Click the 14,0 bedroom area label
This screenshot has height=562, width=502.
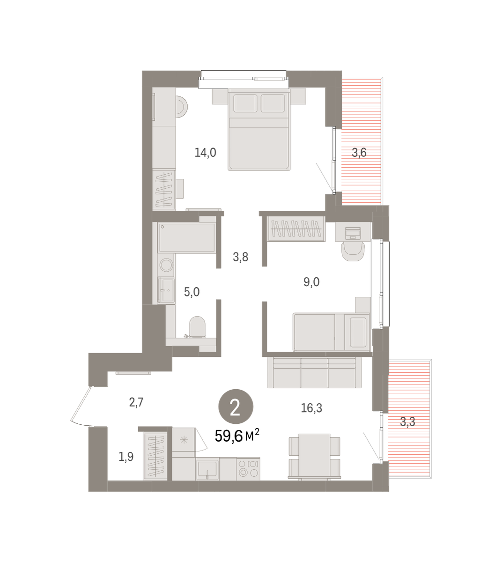[205, 153]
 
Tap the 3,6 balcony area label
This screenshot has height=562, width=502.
[359, 153]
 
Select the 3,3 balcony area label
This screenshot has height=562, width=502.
[407, 422]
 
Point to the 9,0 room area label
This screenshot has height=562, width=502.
[311, 282]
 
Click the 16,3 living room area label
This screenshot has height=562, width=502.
[311, 408]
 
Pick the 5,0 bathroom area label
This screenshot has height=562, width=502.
[192, 292]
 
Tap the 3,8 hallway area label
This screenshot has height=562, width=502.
[240, 257]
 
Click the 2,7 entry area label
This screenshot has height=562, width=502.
[136, 402]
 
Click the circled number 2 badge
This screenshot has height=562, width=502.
[236, 407]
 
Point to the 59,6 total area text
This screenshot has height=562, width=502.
[237, 436]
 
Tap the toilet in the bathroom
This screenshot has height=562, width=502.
[197, 327]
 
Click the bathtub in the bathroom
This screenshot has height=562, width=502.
[187, 237]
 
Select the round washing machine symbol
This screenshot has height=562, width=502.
[166, 265]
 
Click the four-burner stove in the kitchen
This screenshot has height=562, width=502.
[248, 469]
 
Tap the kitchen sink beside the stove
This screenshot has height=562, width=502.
[207, 470]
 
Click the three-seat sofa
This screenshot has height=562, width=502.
[315, 372]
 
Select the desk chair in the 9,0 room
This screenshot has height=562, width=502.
[353, 251]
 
